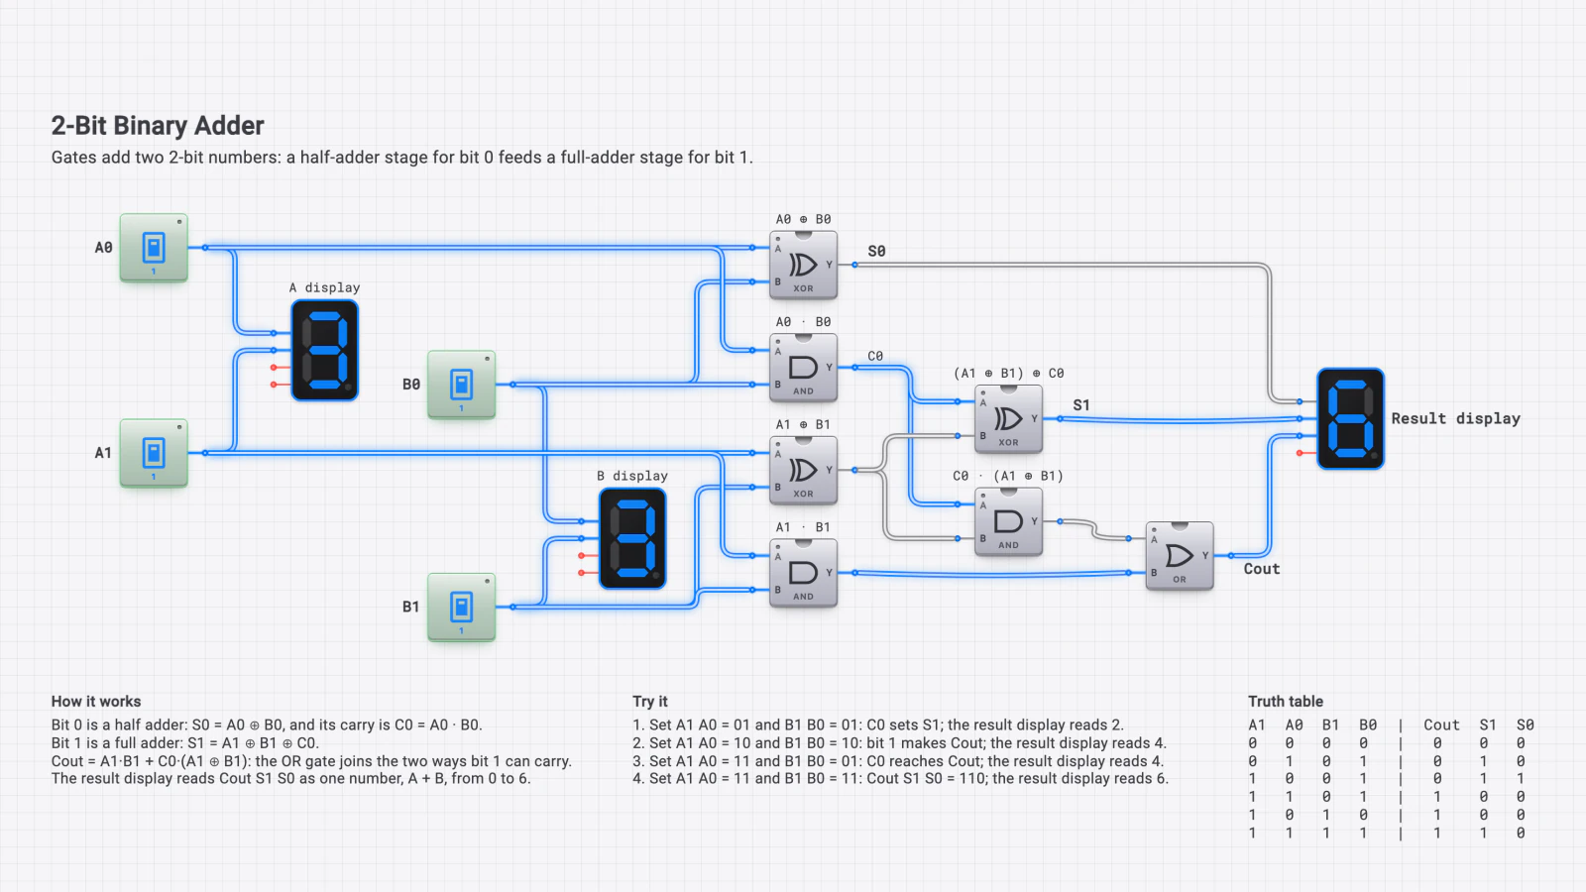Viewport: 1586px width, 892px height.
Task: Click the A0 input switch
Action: pos(154,248)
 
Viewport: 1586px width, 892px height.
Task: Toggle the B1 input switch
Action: pos(461,608)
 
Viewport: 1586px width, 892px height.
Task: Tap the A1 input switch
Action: pos(154,453)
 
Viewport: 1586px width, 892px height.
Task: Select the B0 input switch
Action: pos(461,385)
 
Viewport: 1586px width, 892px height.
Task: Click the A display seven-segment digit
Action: pos(325,351)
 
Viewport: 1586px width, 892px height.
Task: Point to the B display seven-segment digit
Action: pos(632,539)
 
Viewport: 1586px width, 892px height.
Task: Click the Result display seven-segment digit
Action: pos(1350,419)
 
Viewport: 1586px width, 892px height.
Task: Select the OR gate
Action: pos(1180,556)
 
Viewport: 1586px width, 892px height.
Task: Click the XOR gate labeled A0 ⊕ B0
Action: pos(804,265)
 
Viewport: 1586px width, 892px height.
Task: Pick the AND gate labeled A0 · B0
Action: pos(804,368)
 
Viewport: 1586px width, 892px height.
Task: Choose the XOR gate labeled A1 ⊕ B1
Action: pos(804,470)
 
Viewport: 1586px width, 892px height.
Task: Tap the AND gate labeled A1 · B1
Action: pos(804,573)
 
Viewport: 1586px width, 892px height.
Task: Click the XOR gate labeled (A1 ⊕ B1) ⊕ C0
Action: pos(1008,419)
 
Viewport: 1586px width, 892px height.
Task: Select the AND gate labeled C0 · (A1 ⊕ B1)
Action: pos(1008,521)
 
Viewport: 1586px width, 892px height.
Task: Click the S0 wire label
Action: pos(876,252)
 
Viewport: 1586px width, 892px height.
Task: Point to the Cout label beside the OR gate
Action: pos(1262,569)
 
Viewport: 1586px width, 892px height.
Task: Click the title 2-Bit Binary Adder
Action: pos(158,126)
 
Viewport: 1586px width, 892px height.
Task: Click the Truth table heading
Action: pos(1285,702)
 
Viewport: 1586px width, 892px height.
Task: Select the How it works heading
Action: pos(96,702)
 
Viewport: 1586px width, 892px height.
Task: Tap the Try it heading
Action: pos(650,702)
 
